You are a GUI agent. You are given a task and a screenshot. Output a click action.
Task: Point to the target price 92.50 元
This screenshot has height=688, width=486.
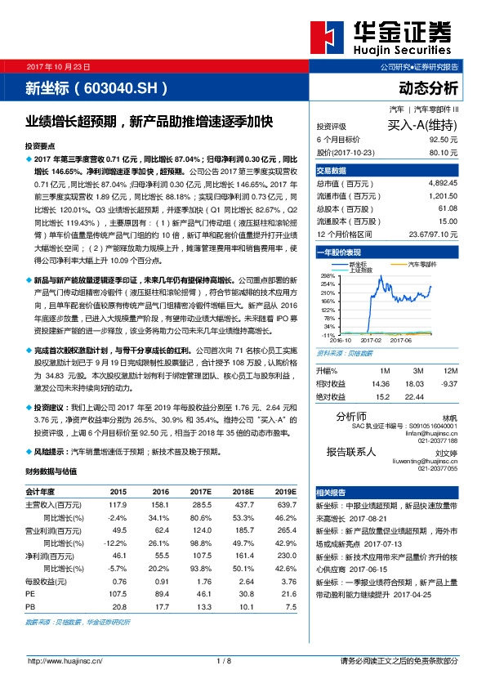(440, 140)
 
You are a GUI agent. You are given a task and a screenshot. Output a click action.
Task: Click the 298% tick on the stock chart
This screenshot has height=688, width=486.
(329, 276)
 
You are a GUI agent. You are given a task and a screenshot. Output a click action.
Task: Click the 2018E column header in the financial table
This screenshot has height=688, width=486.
(242, 492)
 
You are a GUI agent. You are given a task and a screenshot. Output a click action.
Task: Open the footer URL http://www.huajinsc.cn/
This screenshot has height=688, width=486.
(66, 661)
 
